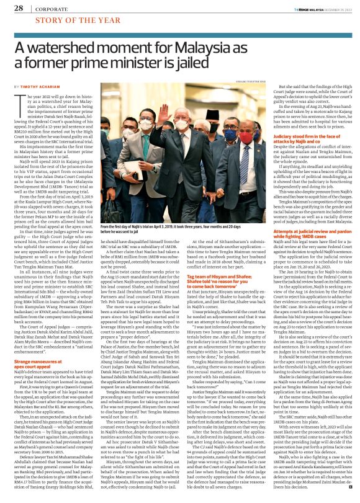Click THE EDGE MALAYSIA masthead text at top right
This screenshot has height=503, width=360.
point(312,9)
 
